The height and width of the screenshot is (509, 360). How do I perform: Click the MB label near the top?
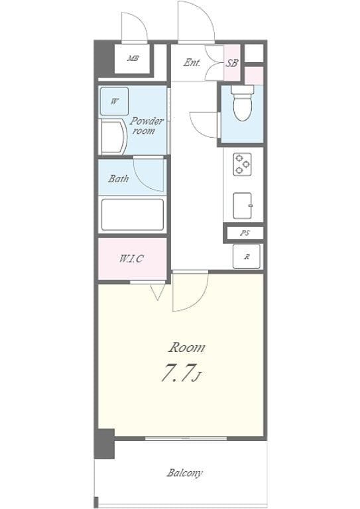[x=133, y=59]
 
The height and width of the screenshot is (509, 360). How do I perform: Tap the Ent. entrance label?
[x=192, y=62]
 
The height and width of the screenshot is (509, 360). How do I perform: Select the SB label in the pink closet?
[x=232, y=63]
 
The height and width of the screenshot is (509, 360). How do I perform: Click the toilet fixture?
[x=243, y=103]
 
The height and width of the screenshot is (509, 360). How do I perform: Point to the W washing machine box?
[x=114, y=101]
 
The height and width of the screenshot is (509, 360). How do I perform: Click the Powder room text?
[x=147, y=126]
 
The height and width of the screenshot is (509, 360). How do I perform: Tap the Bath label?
[x=118, y=178]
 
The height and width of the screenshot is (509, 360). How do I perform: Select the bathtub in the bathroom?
[x=133, y=215]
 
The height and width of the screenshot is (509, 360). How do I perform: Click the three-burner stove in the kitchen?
[x=243, y=164]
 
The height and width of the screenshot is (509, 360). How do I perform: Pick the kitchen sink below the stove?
[x=243, y=206]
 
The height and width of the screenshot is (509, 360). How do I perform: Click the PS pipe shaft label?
[x=245, y=233]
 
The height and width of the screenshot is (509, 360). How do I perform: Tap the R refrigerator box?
[x=247, y=256]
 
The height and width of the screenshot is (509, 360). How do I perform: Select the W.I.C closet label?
[x=131, y=258]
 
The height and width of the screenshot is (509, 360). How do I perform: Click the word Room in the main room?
[x=187, y=348]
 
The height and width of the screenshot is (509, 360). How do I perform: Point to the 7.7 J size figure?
[x=180, y=372]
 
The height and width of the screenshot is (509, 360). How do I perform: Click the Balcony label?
[x=185, y=473]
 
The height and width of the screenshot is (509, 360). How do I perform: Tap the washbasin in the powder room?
[x=113, y=137]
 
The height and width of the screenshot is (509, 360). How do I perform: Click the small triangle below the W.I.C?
[x=158, y=292]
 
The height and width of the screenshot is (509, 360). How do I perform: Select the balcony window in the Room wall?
[x=186, y=439]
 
